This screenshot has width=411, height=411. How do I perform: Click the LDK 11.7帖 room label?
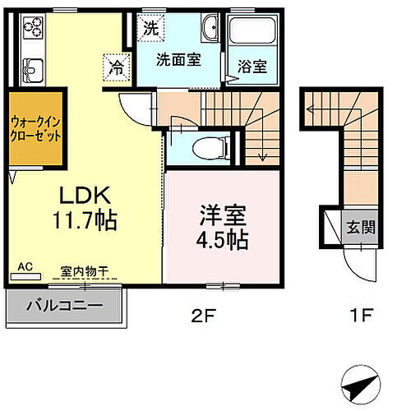click(x=85, y=209)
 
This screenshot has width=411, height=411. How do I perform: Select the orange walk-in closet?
click(x=37, y=130)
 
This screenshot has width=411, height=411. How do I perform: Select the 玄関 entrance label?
click(x=358, y=227)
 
